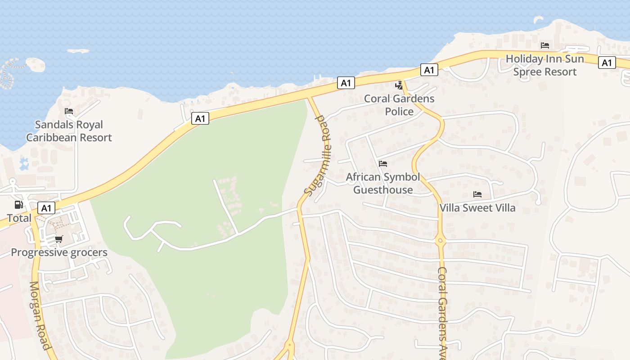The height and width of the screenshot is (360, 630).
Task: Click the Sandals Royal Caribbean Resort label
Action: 69,131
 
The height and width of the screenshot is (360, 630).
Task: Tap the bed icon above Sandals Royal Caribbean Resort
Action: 68,111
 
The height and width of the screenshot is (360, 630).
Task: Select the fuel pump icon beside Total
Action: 19,205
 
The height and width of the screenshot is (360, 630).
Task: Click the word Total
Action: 19,218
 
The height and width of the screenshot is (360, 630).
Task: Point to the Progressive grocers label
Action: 59,252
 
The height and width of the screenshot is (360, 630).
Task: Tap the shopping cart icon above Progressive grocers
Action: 58,239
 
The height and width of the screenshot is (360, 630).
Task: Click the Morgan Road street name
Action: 40,315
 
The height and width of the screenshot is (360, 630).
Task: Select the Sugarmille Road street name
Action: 318,155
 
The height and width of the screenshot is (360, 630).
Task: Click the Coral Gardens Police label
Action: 399,105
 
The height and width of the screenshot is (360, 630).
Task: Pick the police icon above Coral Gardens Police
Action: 399,85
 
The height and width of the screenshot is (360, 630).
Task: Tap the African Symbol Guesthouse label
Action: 382,183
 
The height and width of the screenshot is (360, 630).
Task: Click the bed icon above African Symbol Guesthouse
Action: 382,163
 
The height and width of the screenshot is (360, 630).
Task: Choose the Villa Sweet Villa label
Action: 477,208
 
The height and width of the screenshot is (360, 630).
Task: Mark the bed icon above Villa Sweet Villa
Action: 477,194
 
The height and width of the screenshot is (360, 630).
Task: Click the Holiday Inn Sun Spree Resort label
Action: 545,65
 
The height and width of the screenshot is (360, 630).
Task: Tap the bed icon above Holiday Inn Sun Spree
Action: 545,45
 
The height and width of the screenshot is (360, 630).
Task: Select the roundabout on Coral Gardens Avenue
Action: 440,241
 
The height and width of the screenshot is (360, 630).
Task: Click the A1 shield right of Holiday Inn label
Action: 607,63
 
